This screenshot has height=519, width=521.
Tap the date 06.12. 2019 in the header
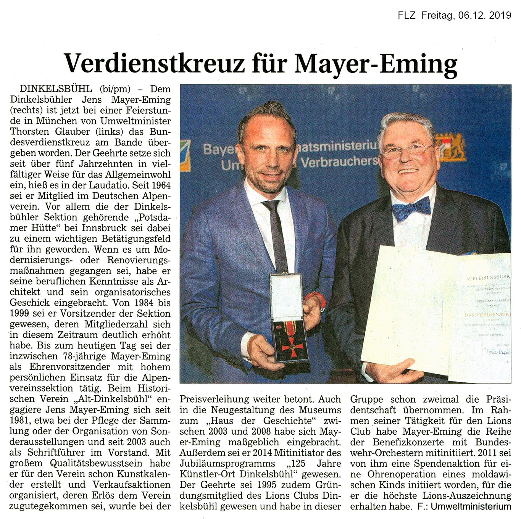pyautogui.click(x=483, y=15)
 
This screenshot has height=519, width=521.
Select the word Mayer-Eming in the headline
pyautogui.click(x=376, y=63)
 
